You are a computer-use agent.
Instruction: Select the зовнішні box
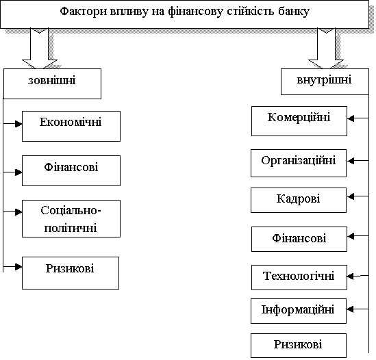click(x=52, y=83)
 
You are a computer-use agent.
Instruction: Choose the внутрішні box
click(x=325, y=81)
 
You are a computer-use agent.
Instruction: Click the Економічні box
click(x=71, y=126)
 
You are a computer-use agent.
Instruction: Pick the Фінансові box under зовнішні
click(x=71, y=170)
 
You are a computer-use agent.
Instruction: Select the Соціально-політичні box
click(x=71, y=218)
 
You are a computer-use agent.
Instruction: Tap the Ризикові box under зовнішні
click(x=71, y=273)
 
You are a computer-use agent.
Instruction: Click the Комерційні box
click(x=299, y=121)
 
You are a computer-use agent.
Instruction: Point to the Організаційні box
click(x=299, y=163)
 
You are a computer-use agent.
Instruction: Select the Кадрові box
click(x=299, y=200)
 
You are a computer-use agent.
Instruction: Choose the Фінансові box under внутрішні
click(x=299, y=239)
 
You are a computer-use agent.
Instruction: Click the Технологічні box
click(x=299, y=277)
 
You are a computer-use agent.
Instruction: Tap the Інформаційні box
click(x=299, y=311)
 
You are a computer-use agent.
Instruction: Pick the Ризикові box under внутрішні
click(x=299, y=346)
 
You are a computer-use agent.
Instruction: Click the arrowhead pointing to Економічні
click(x=18, y=124)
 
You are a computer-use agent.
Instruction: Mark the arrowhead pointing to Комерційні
click(x=351, y=118)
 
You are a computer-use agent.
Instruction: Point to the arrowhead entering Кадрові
click(x=351, y=196)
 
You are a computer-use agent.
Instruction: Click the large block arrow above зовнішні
click(x=40, y=49)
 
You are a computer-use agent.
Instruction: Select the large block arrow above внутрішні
click(x=326, y=49)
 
